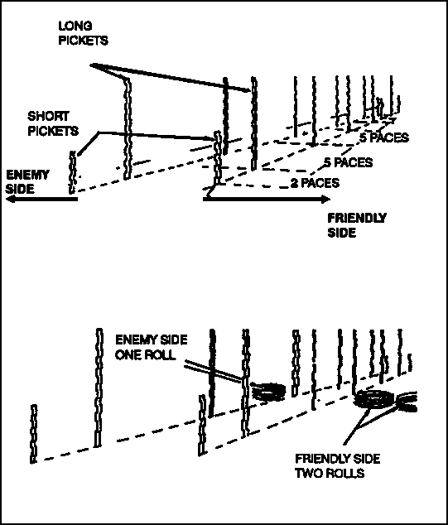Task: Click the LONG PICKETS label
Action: (x=83, y=33)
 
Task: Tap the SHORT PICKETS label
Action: (x=53, y=123)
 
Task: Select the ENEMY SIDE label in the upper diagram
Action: (x=27, y=181)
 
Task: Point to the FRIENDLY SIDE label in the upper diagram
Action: (x=357, y=225)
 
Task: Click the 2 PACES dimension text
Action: (x=315, y=183)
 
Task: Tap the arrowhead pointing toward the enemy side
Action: (x=12, y=199)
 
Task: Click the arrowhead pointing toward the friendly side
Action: (x=325, y=200)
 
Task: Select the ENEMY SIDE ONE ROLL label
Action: (x=151, y=347)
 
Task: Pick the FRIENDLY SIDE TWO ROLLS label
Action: (x=338, y=465)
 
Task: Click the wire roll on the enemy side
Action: (x=268, y=392)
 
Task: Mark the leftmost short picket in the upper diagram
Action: (x=72, y=172)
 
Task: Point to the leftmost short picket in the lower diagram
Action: (x=33, y=434)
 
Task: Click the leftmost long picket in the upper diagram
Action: (x=128, y=129)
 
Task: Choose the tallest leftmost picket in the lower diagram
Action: (x=98, y=388)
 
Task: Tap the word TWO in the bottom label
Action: (x=306, y=473)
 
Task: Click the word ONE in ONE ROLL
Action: (x=126, y=355)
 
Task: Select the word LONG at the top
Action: (x=75, y=26)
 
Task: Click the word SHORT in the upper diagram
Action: (x=48, y=116)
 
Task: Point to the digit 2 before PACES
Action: (x=294, y=183)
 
